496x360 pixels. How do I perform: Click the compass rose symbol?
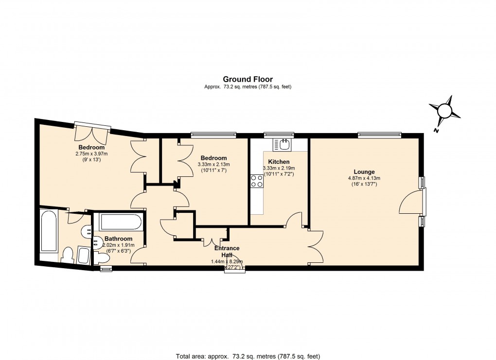[445, 111]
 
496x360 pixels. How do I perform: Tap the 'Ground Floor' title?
[248, 79]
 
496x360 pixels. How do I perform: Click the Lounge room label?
[364, 171]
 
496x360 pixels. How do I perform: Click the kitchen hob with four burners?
[256, 181]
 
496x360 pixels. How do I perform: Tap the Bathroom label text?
[118, 239]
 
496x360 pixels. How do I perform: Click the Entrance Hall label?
[227, 252]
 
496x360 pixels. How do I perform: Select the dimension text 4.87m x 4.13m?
[364, 178]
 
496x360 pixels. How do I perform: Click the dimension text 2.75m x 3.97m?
[91, 154]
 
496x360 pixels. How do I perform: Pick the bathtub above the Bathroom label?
[120, 223]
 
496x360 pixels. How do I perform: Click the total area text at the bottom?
[248, 356]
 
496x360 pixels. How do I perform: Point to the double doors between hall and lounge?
[315, 246]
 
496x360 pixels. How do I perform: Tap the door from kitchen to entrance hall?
[295, 221]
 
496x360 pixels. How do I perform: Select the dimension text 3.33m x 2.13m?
[213, 165]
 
